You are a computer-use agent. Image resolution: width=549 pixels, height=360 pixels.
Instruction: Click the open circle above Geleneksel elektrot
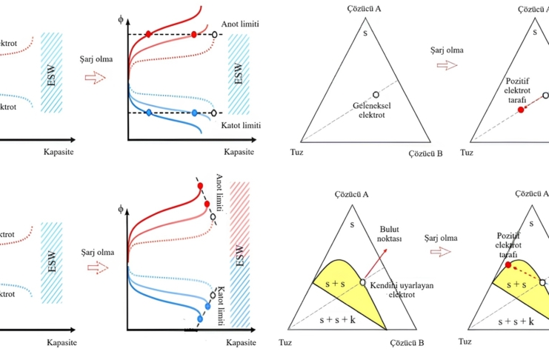[x=376, y=96]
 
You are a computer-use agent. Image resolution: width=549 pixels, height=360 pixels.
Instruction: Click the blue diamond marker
[x=149, y=113]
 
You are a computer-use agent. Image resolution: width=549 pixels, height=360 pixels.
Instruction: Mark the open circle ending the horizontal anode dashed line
[x=215, y=35]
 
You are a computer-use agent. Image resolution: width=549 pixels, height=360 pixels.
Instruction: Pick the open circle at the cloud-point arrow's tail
[x=362, y=282]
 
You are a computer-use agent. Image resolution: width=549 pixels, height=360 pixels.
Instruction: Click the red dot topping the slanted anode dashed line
[x=200, y=187]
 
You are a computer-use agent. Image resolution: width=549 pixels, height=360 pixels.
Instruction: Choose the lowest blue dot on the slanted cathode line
[x=199, y=319]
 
